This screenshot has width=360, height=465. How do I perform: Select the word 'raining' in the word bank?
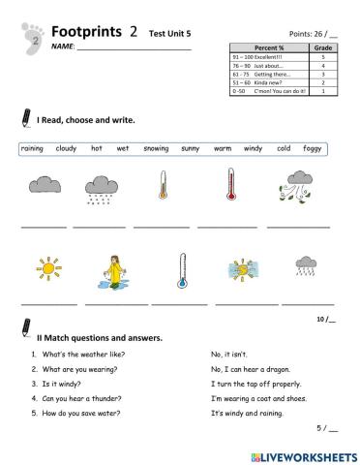click(33, 149)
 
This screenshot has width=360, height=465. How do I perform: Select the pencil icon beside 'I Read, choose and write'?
click(24, 117)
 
